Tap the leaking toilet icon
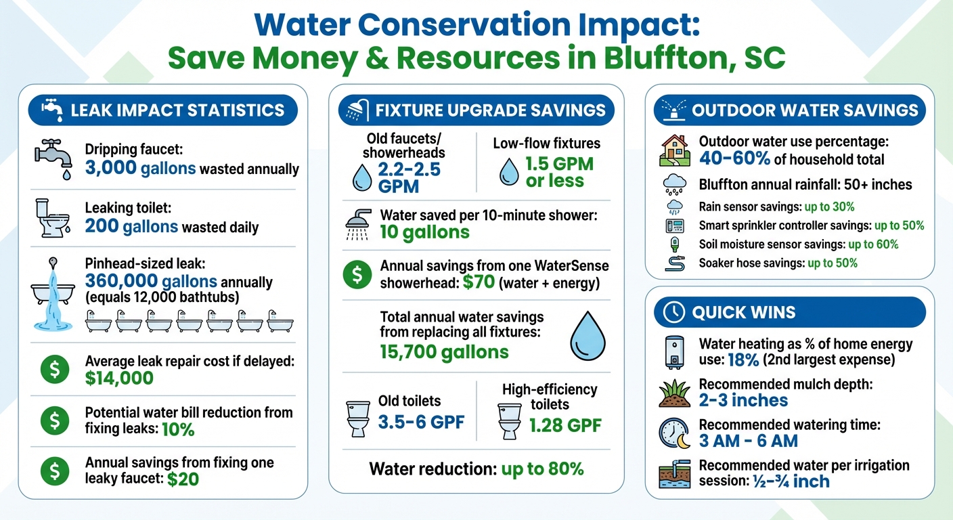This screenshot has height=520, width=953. (x=51, y=217)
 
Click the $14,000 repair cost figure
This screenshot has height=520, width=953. (x=119, y=378)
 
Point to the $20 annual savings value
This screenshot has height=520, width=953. (x=183, y=479)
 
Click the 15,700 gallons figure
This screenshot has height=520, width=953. (x=444, y=351)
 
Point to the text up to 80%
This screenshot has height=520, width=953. (x=542, y=469)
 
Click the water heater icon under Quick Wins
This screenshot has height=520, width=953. (x=674, y=353)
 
